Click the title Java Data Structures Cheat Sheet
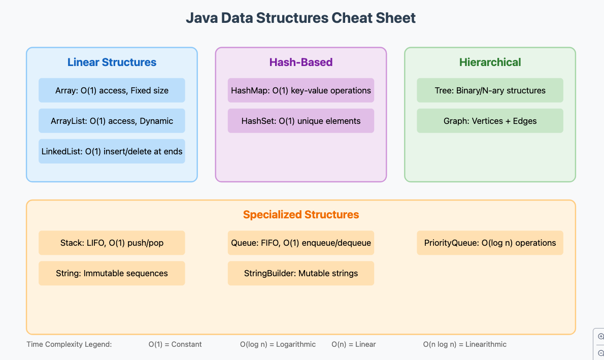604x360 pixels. pyautogui.click(x=301, y=18)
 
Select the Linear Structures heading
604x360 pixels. pyautogui.click(x=112, y=62)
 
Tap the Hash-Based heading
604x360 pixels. pyautogui.click(x=301, y=62)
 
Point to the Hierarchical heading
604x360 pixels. pyautogui.click(x=490, y=62)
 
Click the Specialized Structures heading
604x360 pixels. pyautogui.click(x=301, y=214)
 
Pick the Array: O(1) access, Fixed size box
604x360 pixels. pyautogui.click(x=112, y=90)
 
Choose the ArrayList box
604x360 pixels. pyautogui.click(x=112, y=121)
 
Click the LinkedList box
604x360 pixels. pyautogui.click(x=112, y=151)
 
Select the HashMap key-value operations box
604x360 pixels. pyautogui.click(x=301, y=90)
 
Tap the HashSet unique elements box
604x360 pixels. pyautogui.click(x=301, y=121)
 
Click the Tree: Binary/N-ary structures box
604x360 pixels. pyautogui.click(x=490, y=90)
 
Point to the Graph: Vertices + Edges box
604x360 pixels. pyautogui.click(x=490, y=121)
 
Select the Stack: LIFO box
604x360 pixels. pyautogui.click(x=112, y=243)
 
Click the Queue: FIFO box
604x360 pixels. pyautogui.click(x=301, y=243)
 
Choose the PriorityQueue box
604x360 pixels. pyautogui.click(x=490, y=243)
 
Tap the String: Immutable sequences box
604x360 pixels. pyautogui.click(x=112, y=273)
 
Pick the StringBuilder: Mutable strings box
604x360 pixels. pyautogui.click(x=301, y=273)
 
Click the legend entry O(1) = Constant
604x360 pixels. pyautogui.click(x=175, y=344)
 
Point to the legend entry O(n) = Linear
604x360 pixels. pyautogui.click(x=354, y=344)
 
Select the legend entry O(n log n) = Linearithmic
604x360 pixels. pyautogui.click(x=465, y=344)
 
